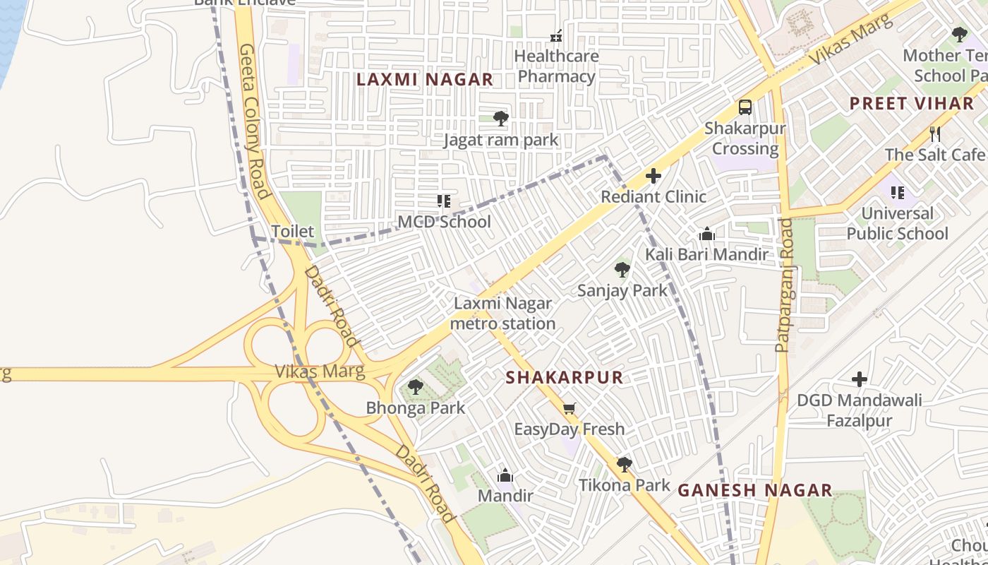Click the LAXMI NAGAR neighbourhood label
click(x=424, y=80)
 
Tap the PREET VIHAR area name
click(x=911, y=104)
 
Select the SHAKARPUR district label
click(x=564, y=378)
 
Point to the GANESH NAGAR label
click(x=755, y=490)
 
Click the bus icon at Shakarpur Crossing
click(x=745, y=107)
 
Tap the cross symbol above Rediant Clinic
click(x=653, y=176)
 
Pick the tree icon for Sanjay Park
click(x=622, y=269)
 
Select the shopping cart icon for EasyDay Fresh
click(x=569, y=408)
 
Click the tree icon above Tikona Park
click(x=624, y=464)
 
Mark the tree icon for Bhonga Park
click(x=416, y=387)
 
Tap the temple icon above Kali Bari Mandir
click(x=706, y=234)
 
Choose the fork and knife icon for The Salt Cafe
click(x=935, y=133)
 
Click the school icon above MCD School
click(x=444, y=201)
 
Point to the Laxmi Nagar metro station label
click(x=502, y=314)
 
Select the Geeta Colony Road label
click(x=255, y=121)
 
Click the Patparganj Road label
click(x=784, y=285)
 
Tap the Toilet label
click(x=292, y=232)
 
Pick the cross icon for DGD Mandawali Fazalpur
click(x=859, y=379)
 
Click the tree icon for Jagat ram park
click(x=500, y=118)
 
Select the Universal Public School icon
click(x=898, y=192)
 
